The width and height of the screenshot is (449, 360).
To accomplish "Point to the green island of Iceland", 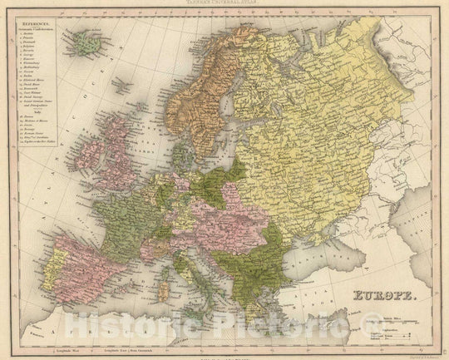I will (x=85, y=44).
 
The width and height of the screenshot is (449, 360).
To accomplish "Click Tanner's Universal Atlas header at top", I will (x=224, y=4).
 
